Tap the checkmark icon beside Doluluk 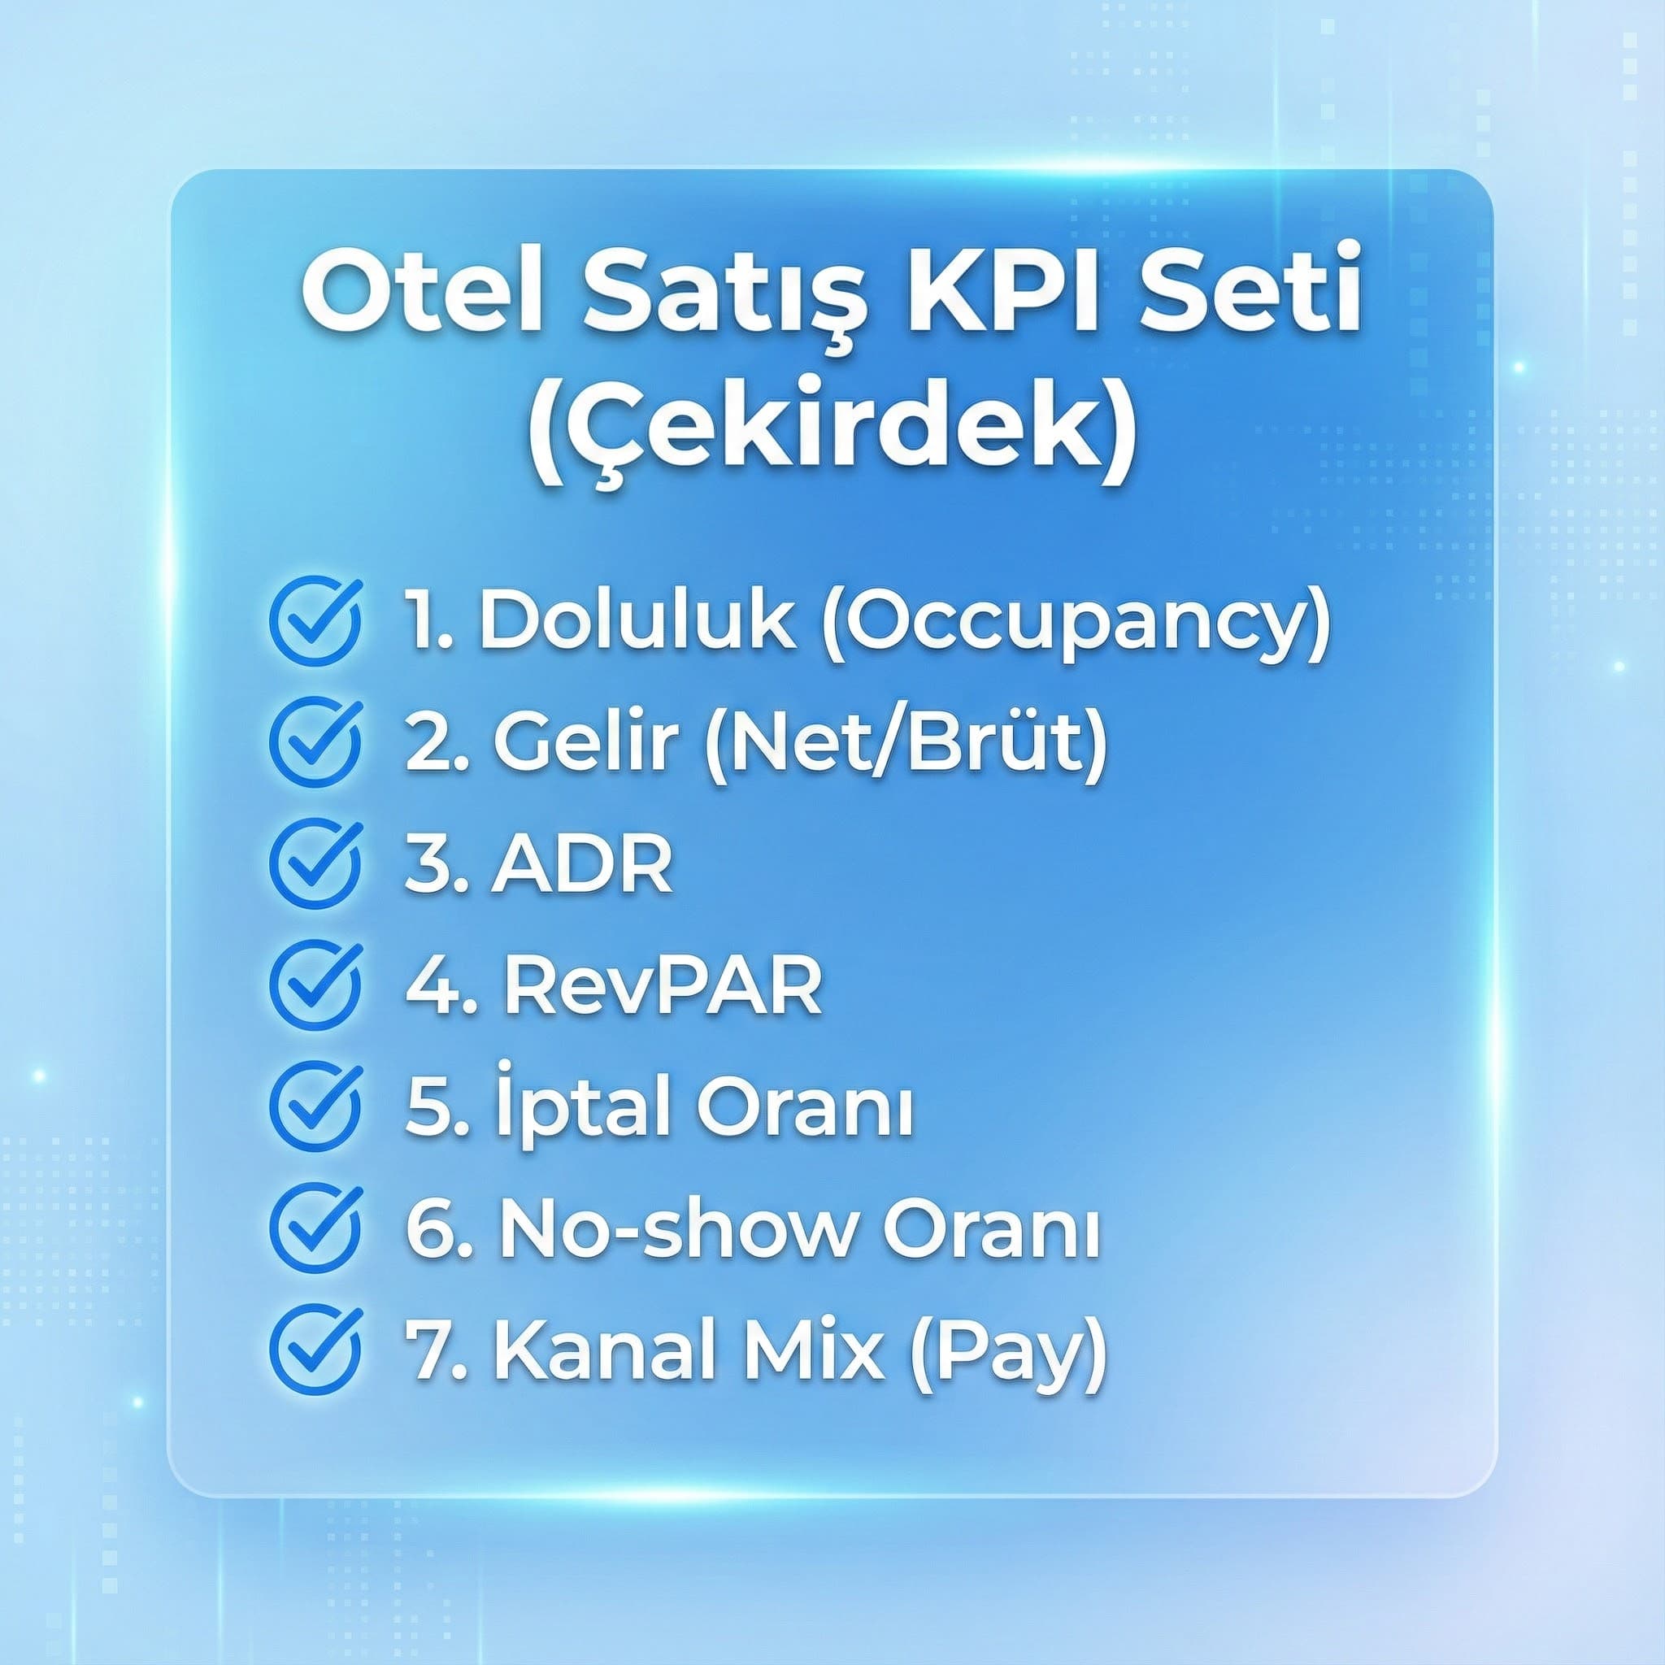(x=315, y=619)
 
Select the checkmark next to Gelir (x=315, y=743)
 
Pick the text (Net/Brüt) (x=906, y=743)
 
